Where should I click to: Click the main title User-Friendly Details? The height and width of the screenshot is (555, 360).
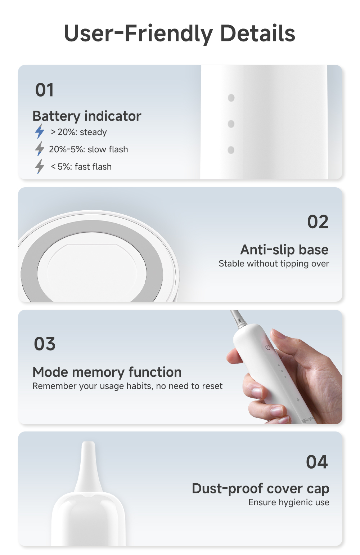179,33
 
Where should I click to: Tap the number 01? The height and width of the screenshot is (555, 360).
45,90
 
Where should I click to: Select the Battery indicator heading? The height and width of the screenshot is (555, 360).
87,116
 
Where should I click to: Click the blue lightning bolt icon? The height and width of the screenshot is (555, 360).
40,131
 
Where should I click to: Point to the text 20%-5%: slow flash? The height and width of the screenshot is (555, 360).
88,149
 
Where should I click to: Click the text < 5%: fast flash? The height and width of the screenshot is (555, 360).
81,167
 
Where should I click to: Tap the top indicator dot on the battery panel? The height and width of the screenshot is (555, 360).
231,98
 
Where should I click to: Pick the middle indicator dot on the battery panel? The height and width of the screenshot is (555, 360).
231,124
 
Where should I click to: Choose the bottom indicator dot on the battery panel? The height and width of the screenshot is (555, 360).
231,150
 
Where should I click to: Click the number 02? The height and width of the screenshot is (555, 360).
318,222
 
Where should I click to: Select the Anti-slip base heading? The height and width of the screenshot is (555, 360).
284,250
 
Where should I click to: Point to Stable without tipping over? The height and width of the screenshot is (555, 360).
274,264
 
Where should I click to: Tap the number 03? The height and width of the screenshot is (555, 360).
45,344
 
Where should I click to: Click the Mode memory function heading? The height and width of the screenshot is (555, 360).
107,372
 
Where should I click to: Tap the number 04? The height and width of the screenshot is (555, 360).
317,462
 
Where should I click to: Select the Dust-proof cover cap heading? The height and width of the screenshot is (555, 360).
260,489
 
